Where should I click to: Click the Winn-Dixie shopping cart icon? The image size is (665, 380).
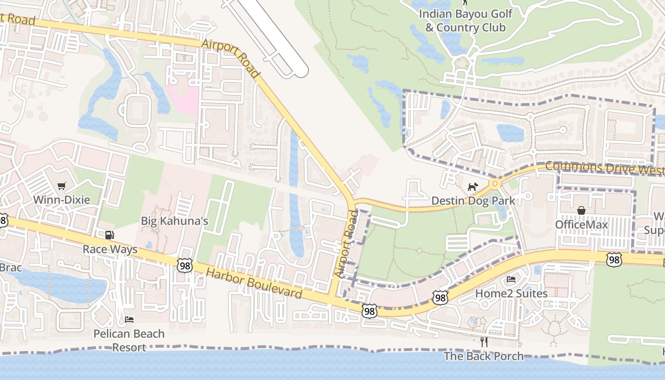[61, 186]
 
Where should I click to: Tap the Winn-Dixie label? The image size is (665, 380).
[61, 199]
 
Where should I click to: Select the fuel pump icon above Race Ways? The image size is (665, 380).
[110, 235]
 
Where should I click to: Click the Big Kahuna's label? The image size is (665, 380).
[175, 221]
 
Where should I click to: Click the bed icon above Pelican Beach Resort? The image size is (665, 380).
[129, 319]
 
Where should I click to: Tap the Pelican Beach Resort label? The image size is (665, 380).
[129, 340]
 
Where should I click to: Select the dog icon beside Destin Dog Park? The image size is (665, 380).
[472, 187]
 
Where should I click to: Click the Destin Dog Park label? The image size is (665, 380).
[473, 200]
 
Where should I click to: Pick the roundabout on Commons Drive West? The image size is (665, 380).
[495, 183]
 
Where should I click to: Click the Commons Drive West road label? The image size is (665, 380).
[604, 168]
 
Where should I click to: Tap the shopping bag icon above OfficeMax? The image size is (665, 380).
[581, 210]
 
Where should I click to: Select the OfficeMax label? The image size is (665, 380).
[581, 224]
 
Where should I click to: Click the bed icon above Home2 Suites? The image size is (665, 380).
[511, 279]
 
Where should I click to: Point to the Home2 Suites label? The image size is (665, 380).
[512, 294]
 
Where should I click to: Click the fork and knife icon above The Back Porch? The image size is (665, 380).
[484, 342]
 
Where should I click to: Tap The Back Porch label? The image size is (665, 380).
[484, 356]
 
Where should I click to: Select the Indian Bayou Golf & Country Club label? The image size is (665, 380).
[465, 20]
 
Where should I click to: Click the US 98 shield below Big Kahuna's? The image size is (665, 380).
[185, 266]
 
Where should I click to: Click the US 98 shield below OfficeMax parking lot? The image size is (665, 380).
[614, 259]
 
